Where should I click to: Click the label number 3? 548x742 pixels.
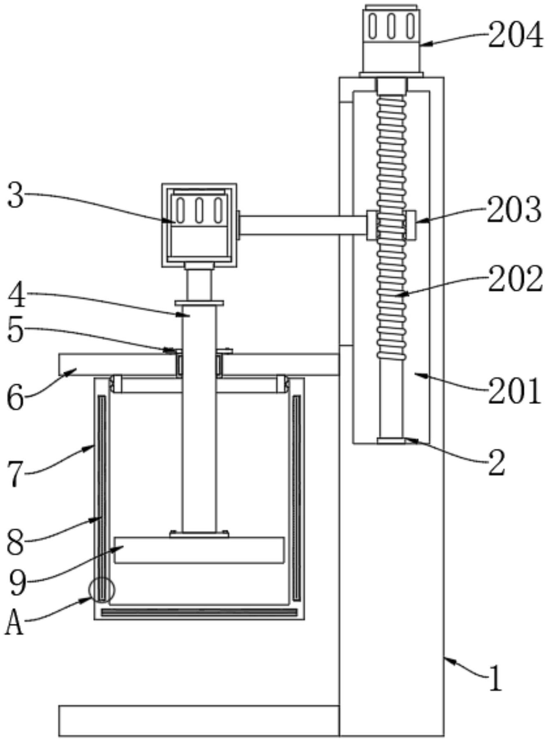[x=16, y=196]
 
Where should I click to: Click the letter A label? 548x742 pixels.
[x=14, y=622]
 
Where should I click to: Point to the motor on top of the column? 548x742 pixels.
[x=391, y=41]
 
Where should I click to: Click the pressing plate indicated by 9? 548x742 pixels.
[x=199, y=550]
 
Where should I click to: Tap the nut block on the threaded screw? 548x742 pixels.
[x=391, y=225]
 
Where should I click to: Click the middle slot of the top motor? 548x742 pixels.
[x=391, y=26]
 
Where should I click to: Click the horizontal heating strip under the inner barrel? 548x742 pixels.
[x=199, y=612]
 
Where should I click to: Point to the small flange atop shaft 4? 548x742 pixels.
[x=199, y=303]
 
